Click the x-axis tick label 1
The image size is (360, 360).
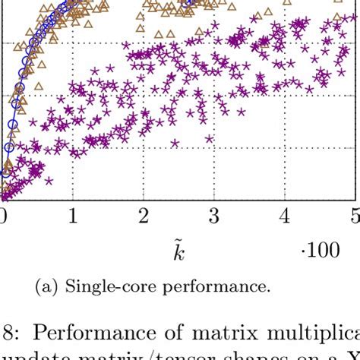coord(72,217)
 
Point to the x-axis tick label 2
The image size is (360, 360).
coord(144,217)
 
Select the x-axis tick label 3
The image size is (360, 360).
coord(214,217)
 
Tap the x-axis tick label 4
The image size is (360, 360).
coord(285,217)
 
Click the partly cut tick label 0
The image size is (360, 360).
coord(3,217)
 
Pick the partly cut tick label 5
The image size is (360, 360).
coord(355,217)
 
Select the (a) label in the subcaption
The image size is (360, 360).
coord(48,287)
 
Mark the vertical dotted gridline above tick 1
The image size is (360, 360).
coord(73,152)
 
